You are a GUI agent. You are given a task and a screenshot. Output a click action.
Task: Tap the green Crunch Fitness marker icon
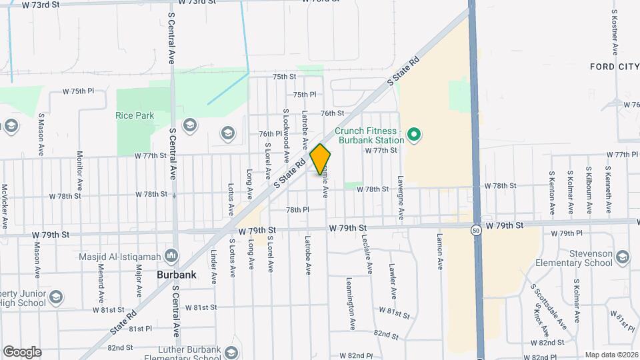(x=413, y=135)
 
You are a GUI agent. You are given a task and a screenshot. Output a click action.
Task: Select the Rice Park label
(x=135, y=115)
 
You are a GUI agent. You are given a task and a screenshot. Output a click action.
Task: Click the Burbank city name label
(x=175, y=274)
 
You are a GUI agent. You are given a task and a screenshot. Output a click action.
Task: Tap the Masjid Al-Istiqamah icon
(x=171, y=255)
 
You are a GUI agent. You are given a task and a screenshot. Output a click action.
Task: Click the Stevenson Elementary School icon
(x=622, y=257)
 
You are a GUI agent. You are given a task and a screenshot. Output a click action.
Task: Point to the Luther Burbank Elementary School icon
(x=231, y=353)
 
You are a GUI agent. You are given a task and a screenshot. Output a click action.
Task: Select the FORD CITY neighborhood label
(x=614, y=67)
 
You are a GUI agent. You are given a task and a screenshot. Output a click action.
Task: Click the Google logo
(x=22, y=352)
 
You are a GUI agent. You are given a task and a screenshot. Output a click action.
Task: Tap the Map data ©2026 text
(x=609, y=354)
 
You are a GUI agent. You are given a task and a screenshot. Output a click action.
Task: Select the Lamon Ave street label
(x=440, y=251)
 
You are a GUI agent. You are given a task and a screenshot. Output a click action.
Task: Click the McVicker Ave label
(x=5, y=207)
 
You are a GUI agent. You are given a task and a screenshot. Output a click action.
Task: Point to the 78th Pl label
(x=297, y=209)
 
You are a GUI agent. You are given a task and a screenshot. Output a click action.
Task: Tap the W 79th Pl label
(x=567, y=233)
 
